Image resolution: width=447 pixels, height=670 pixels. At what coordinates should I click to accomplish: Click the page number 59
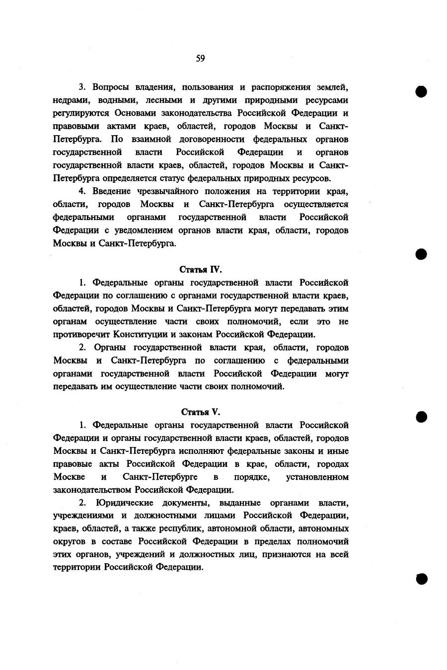tap(200, 59)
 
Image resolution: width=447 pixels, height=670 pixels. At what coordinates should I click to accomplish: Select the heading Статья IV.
tap(200, 270)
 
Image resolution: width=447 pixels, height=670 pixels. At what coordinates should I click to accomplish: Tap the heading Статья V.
tap(200, 412)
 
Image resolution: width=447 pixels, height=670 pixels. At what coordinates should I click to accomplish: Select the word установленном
tap(317, 477)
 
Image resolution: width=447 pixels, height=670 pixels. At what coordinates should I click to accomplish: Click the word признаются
tap(284, 554)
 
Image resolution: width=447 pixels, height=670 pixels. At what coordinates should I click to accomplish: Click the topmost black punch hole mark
tap(421, 92)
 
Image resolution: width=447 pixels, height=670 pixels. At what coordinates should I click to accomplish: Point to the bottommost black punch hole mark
tap(421, 578)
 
